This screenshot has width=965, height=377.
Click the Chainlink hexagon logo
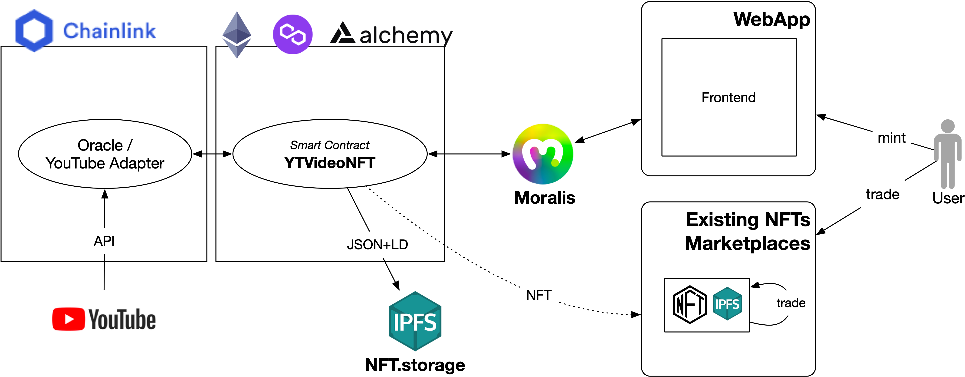(34, 30)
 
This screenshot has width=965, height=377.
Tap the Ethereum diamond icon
(237, 34)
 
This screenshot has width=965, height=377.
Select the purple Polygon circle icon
(292, 34)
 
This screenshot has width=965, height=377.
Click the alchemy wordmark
(405, 36)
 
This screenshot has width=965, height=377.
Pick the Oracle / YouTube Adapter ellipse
(105, 154)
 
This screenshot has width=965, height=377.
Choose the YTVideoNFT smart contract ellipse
(330, 154)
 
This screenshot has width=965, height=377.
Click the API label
(104, 241)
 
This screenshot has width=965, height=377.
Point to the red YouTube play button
(69, 319)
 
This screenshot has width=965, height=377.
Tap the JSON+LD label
(377, 245)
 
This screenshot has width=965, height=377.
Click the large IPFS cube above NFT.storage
(415, 321)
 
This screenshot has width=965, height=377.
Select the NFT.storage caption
(415, 365)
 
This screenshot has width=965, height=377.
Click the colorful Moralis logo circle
(543, 154)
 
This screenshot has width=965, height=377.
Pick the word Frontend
(729, 98)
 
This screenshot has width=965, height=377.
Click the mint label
(892, 138)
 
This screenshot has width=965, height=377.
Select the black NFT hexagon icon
(690, 305)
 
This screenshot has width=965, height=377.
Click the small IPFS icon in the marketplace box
(727, 304)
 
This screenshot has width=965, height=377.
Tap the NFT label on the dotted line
(539, 296)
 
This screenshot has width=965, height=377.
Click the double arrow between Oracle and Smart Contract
(212, 154)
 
